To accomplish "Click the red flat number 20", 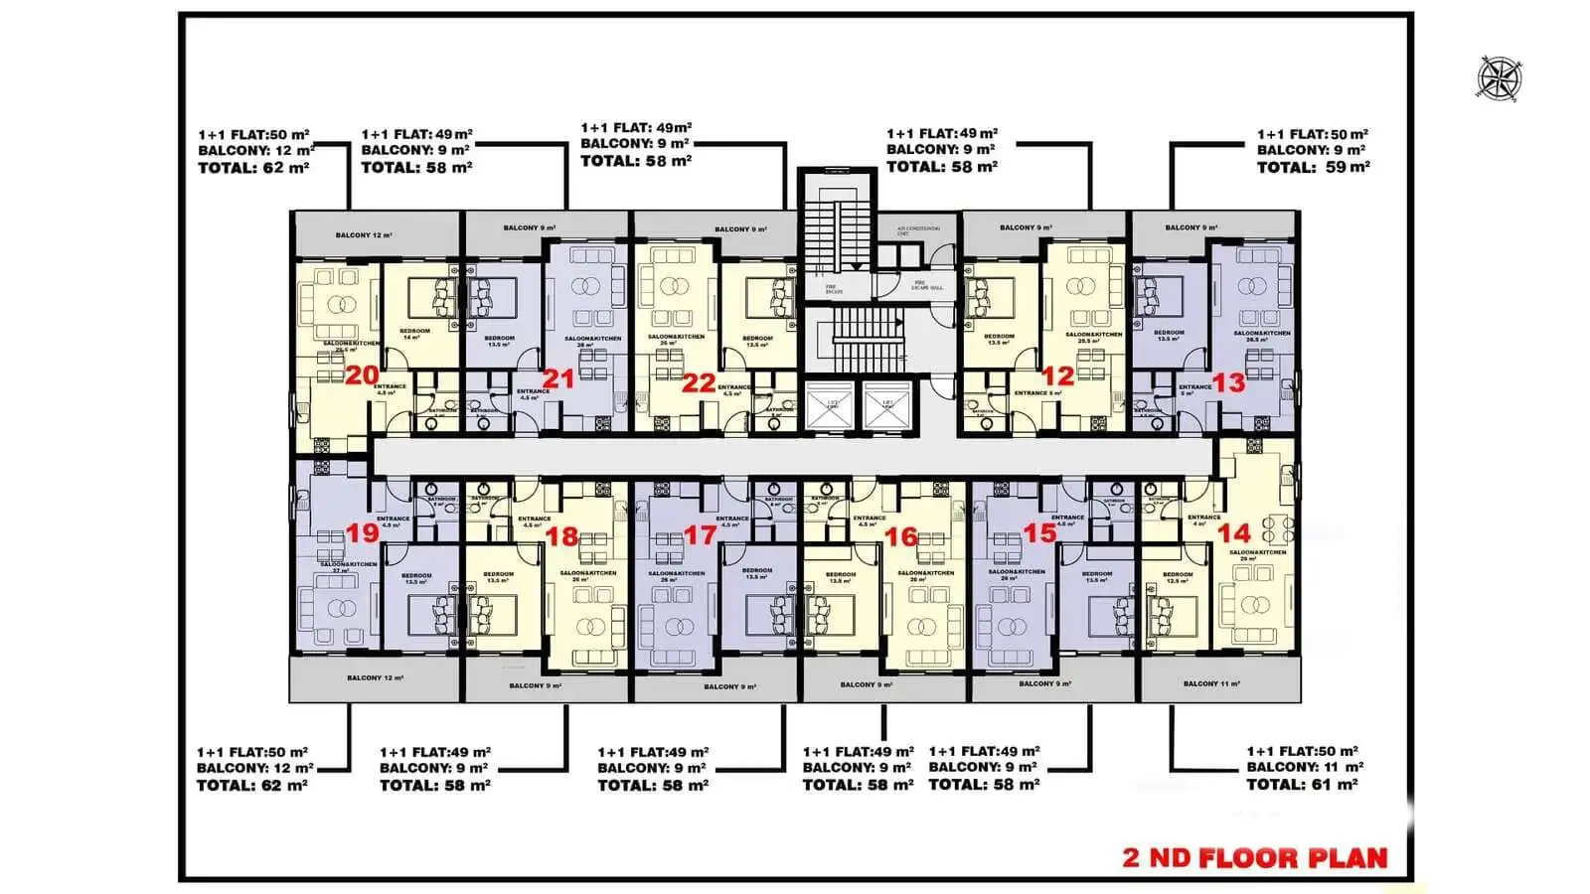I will (362, 375).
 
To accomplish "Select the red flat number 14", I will (1233, 532).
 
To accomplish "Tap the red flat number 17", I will (700, 535).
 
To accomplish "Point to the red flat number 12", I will (1057, 375).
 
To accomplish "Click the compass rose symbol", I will (1499, 78).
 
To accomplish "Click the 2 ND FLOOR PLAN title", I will (1254, 858).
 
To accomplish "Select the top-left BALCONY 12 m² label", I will (363, 235).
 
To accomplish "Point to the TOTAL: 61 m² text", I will (1302, 785).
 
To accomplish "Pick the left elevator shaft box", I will (828, 405).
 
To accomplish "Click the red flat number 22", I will (699, 382).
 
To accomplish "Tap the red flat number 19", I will (362, 532).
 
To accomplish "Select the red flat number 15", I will (1038, 533).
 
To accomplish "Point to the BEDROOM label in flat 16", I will (840, 574).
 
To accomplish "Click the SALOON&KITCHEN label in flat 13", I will (1261, 333).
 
